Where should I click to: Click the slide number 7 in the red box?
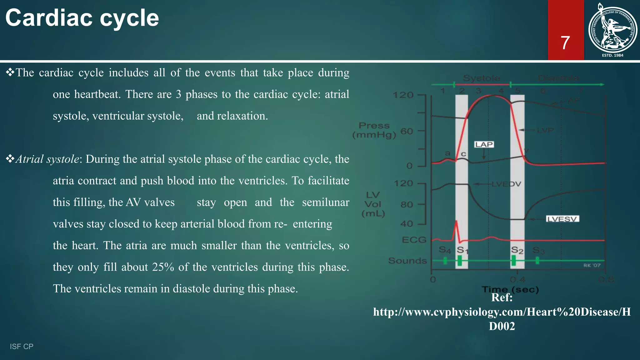click(565, 43)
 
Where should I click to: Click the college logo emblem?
click(612, 30)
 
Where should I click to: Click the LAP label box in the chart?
click(484, 144)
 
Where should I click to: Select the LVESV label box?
click(562, 219)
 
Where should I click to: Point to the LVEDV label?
click(506, 184)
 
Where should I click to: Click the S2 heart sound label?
click(517, 250)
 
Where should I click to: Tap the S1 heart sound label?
click(462, 250)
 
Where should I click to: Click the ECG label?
click(414, 240)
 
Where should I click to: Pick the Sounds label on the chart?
click(407, 261)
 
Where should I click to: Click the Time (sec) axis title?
click(510, 289)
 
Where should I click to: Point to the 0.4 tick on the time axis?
click(517, 279)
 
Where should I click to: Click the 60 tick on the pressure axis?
click(407, 131)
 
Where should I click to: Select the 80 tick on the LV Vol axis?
click(407, 205)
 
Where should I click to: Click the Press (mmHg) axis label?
click(374, 130)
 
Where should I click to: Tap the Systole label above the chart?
click(481, 78)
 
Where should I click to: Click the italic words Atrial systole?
click(47, 159)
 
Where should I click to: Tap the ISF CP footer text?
click(22, 346)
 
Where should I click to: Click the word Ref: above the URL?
click(502, 297)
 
